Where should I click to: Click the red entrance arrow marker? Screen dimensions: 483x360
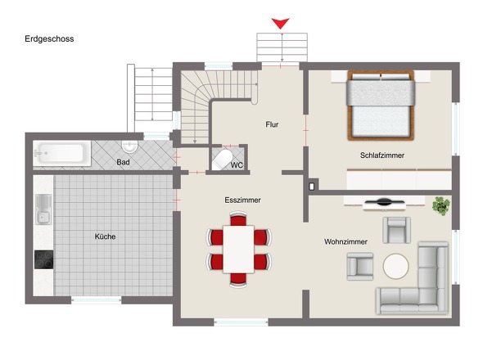(x=280, y=23)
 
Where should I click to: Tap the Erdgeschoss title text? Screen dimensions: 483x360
(x=49, y=38)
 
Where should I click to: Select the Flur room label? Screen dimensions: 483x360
(x=272, y=124)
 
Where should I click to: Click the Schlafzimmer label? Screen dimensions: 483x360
(x=382, y=155)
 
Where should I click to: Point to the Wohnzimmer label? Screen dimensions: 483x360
(x=345, y=241)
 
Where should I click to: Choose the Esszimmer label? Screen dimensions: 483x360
(x=243, y=200)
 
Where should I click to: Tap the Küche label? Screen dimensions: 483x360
(x=105, y=236)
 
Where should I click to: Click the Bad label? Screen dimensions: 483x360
(x=123, y=162)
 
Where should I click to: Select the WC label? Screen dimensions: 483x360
(x=237, y=165)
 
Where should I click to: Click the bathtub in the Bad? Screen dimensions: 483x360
(x=62, y=153)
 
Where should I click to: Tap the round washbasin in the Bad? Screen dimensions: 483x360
(x=129, y=146)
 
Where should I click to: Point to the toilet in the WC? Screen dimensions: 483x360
(x=222, y=160)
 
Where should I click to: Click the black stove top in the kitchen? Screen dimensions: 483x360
(x=43, y=259)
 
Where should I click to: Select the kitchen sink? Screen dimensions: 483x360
(x=43, y=209)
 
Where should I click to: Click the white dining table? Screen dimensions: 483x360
(x=238, y=249)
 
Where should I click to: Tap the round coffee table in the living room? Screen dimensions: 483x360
(x=396, y=266)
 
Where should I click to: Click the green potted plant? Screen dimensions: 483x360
(x=441, y=206)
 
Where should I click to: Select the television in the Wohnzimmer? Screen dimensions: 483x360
(x=384, y=203)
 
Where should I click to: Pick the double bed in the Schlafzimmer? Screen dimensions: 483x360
(x=381, y=106)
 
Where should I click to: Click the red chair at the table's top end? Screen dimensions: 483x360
(x=238, y=218)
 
